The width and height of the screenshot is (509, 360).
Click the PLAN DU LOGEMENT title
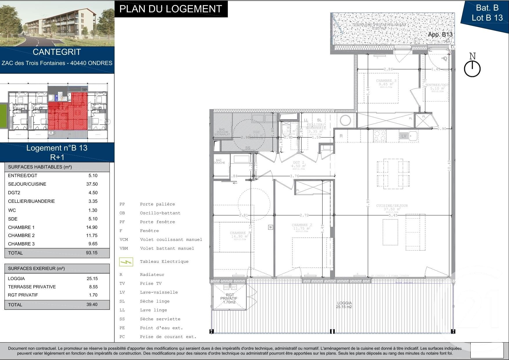(x=171, y=9)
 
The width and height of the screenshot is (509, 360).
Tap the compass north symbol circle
(x=472, y=69)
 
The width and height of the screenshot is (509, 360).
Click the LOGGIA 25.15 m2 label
(x=344, y=305)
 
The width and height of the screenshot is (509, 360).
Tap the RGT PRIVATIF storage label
(x=229, y=298)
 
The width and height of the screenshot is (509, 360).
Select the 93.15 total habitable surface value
(x=92, y=253)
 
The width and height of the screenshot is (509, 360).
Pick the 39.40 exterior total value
(x=92, y=304)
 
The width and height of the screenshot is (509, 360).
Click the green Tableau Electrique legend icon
(x=126, y=262)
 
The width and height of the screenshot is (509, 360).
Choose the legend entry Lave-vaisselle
(x=159, y=292)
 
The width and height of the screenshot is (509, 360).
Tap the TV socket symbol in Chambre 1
(x=271, y=227)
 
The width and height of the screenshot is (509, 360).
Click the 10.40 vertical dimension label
(x=449, y=165)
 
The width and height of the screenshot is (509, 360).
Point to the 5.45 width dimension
(x=393, y=215)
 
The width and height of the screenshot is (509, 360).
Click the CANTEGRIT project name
(x=57, y=52)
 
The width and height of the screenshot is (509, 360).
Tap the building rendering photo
(x=57, y=23)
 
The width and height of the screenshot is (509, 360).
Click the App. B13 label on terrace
(x=440, y=35)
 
